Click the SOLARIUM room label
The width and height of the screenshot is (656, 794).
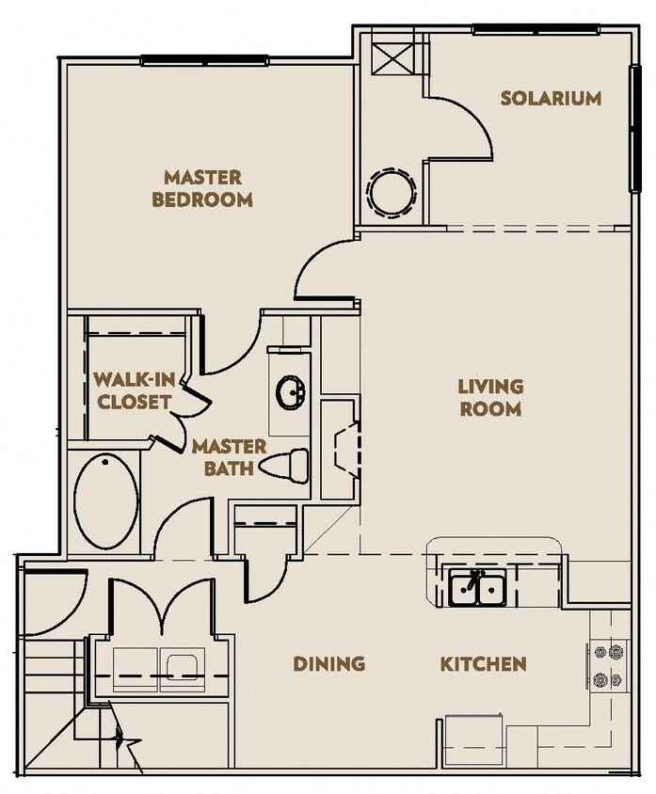(x=551, y=99)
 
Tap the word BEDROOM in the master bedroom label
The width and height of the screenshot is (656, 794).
(x=202, y=199)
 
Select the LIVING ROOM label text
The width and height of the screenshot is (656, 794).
(x=489, y=397)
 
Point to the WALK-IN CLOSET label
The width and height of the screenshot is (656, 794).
(x=132, y=390)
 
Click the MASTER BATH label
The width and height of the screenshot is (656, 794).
(x=229, y=456)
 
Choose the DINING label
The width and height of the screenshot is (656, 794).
(x=328, y=663)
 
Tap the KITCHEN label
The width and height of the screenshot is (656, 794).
(x=483, y=663)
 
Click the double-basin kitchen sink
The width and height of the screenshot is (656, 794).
(x=477, y=589)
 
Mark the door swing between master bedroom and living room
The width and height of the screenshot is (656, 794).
(x=325, y=268)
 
